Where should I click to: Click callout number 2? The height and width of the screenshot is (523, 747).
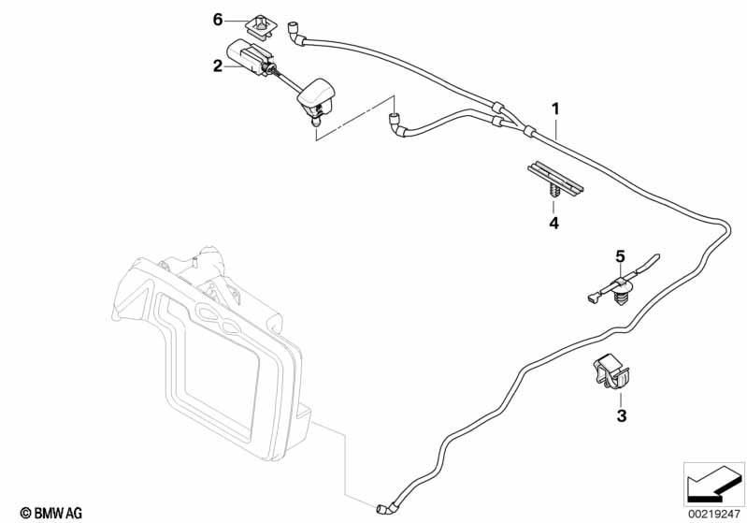point(218,65)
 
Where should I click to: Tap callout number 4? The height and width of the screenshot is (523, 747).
point(553,224)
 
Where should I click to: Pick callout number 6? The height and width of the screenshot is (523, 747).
point(218,19)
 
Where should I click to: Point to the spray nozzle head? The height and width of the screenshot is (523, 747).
point(314,97)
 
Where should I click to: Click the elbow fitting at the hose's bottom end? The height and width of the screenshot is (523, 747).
point(384,508)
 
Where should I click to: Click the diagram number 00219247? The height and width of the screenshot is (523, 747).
point(713,511)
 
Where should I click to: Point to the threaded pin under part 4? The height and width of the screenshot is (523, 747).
point(553,194)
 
